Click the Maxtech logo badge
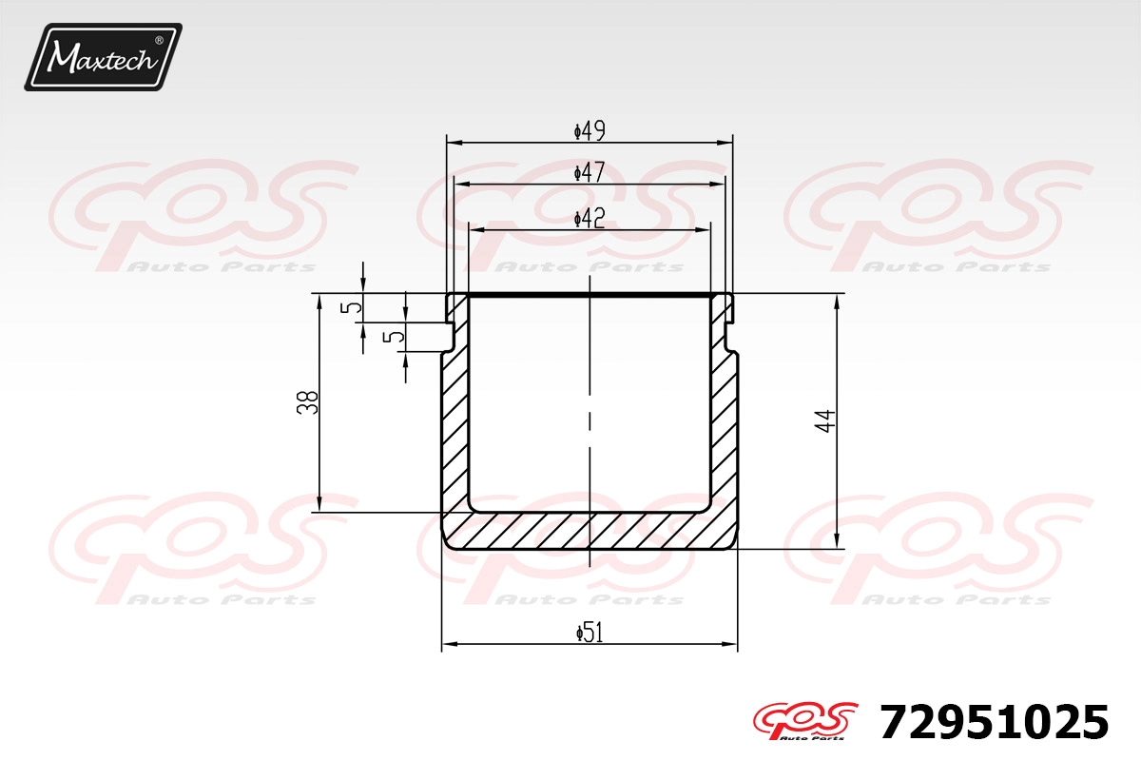point(104,57)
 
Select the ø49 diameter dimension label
point(590,131)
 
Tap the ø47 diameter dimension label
point(590,172)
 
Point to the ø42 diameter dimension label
point(590,219)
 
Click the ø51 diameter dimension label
point(590,634)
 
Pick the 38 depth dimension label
point(308,402)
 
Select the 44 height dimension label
point(825,420)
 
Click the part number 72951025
point(995,722)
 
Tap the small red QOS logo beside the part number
point(805,721)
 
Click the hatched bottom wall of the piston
point(590,531)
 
